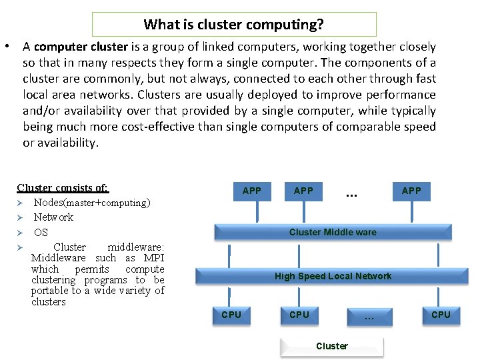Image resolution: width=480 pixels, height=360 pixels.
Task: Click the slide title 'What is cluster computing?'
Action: coord(234,25)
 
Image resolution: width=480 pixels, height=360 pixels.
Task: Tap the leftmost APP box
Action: coord(252,191)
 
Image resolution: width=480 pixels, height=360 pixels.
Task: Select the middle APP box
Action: coord(303,191)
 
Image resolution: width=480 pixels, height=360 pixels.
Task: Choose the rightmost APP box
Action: coord(411,191)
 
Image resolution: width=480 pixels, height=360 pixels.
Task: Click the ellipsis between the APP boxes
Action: coord(352,195)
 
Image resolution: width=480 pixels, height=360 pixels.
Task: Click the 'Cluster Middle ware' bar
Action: coord(333,232)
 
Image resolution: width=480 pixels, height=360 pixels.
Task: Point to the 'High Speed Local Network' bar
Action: coord(333,276)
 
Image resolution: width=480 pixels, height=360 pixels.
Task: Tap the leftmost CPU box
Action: coord(231,315)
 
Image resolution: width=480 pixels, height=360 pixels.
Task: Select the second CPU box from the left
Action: coord(299,315)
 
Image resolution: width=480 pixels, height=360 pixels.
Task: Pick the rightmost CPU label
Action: coord(441,315)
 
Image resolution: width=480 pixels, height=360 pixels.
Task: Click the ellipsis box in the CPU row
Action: coord(369,318)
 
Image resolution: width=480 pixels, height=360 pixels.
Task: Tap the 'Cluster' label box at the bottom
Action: coord(332,346)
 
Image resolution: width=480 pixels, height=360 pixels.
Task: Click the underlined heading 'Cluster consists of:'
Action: coord(63,188)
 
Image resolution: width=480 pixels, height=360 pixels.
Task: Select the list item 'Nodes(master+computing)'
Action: coord(92,203)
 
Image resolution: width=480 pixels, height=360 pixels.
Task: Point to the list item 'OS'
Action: coord(41,233)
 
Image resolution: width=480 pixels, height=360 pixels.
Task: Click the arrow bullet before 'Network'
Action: coord(21,217)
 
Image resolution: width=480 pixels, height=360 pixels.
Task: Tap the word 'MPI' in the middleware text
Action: coord(154,258)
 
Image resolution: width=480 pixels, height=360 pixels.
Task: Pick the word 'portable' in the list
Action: coord(49,291)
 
